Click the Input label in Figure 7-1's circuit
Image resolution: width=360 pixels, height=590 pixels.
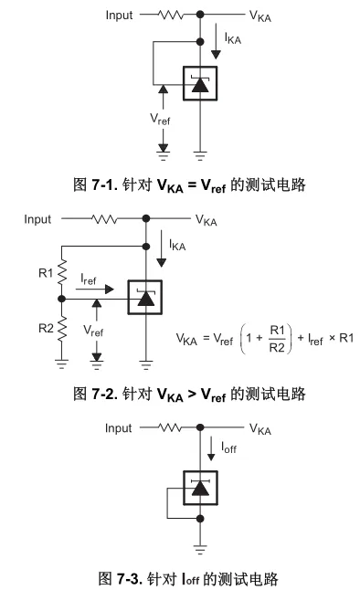(119, 16)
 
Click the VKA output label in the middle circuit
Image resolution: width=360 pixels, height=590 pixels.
(207, 220)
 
